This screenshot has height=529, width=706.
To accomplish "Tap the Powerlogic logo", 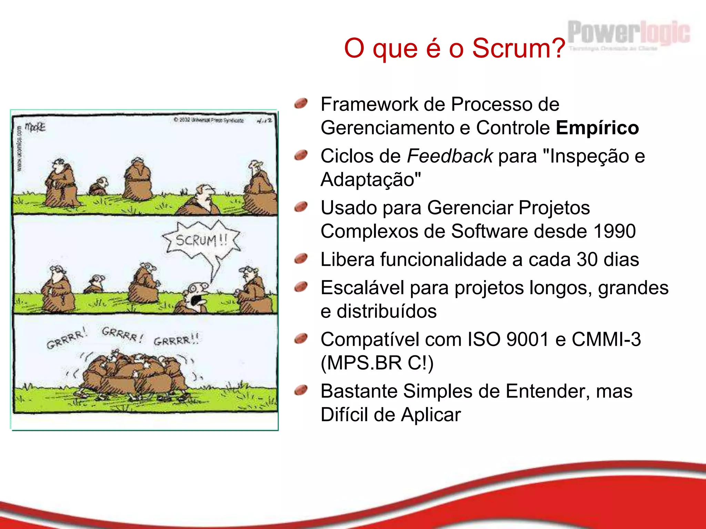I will point(628,34).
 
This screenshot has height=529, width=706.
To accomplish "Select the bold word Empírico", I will point(597,128).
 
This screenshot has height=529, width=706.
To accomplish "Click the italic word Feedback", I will point(450,156).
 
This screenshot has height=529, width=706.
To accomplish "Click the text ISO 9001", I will point(507,340).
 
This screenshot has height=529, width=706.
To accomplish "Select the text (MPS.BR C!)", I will point(377,363).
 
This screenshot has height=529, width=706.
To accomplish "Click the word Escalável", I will point(362,288).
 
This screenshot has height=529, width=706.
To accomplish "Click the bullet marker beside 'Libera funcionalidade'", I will point(301,258).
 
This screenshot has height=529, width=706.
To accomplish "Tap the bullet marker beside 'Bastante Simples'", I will point(301,390).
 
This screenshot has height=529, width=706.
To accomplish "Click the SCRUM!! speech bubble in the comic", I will point(201,240).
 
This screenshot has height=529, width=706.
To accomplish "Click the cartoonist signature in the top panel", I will point(35,127).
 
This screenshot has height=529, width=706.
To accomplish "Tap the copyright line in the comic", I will point(209,120).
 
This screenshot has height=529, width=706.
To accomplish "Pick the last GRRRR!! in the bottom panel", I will point(176,340).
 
